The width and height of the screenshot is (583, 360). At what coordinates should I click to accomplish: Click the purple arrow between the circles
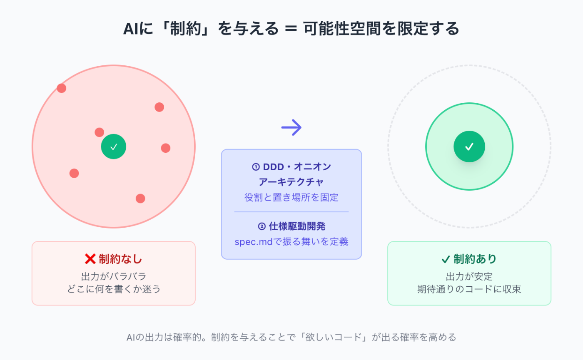pyautogui.click(x=291, y=127)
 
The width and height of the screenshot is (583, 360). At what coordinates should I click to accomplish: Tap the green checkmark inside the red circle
pyautogui.click(x=114, y=146)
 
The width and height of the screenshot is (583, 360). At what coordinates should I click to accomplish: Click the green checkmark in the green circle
pyautogui.click(x=469, y=146)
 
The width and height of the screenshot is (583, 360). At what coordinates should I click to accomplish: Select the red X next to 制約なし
pyautogui.click(x=90, y=259)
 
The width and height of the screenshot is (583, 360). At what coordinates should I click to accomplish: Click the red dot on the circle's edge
pyautogui.click(x=62, y=88)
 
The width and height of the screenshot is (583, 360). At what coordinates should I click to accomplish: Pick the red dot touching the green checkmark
pyautogui.click(x=100, y=132)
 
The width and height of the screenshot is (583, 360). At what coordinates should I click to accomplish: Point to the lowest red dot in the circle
pyautogui.click(x=140, y=198)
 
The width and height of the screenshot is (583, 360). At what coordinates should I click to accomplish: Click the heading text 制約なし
pyautogui.click(x=120, y=259)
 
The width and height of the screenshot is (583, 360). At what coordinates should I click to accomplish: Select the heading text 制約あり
pyautogui.click(x=475, y=259)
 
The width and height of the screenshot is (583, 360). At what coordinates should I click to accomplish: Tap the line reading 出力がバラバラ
pyautogui.click(x=114, y=276)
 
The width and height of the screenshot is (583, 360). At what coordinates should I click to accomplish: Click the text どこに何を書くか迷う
pyautogui.click(x=114, y=289)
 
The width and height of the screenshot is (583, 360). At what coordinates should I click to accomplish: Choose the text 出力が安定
pyautogui.click(x=469, y=276)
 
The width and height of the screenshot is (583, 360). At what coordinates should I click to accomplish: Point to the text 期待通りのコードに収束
pyautogui.click(x=469, y=289)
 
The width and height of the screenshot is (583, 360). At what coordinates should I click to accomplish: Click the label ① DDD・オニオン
pyautogui.click(x=291, y=167)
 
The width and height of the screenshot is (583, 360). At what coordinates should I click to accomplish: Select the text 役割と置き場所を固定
pyautogui.click(x=291, y=197)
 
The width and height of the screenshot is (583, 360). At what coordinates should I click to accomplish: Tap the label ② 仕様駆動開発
pyautogui.click(x=291, y=226)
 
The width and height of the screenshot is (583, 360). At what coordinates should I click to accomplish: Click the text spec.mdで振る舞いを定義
pyautogui.click(x=291, y=241)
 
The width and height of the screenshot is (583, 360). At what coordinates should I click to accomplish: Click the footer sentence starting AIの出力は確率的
pyautogui.click(x=291, y=337)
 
